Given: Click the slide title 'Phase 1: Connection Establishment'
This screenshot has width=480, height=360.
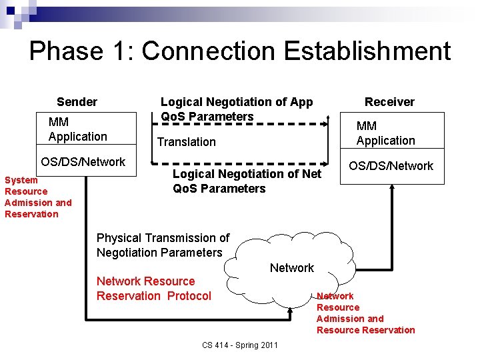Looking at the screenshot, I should point(240,51).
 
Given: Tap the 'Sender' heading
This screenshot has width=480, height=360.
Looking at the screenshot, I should point(77,102).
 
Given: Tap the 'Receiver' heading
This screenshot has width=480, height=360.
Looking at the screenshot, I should point(389,102).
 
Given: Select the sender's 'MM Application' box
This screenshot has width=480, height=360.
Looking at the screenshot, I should point(77,129).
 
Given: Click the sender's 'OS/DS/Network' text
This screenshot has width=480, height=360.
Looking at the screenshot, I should point(83,162).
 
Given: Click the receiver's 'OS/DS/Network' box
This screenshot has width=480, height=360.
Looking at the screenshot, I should point(390,166).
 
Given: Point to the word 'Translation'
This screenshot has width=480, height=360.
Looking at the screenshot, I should point(186,142).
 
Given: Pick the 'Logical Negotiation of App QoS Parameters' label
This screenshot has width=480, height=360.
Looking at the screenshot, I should point(236,109).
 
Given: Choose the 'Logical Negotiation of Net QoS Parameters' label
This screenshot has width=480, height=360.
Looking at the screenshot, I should point(247,181).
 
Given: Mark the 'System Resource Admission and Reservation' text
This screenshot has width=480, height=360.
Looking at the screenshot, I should point(38,197).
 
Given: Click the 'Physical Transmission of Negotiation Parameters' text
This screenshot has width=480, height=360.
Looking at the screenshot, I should point(163,245).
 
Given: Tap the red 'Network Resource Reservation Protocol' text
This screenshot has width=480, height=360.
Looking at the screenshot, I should point(153,289).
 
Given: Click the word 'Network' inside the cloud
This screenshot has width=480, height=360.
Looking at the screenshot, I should point(291,268).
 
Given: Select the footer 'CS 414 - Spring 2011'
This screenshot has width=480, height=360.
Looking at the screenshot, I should point(240,345).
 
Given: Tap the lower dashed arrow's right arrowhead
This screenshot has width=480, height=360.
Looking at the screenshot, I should point(327,163).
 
